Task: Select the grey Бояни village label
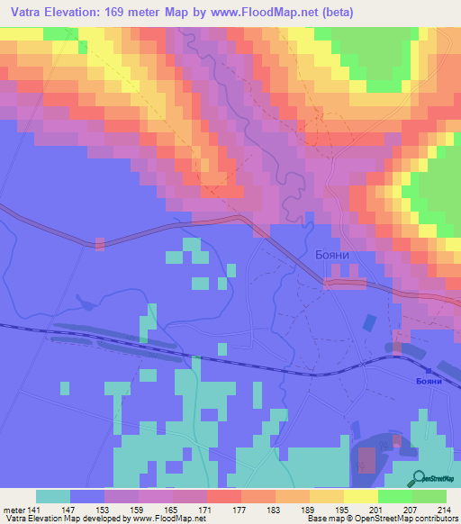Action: pos(331,255)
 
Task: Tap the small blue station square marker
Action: pos(428,369)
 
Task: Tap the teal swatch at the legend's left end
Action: pos(53,496)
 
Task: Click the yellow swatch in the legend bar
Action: pos(361,496)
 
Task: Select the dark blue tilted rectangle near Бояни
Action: pos(368,322)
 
